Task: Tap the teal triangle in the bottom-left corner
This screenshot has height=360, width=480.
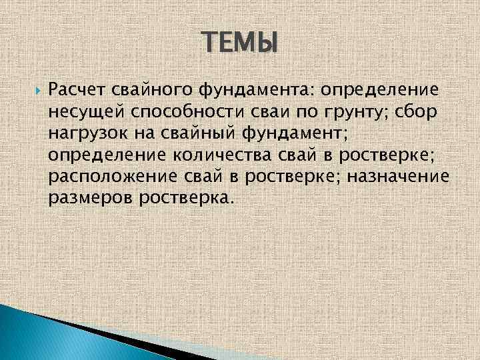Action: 27,333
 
